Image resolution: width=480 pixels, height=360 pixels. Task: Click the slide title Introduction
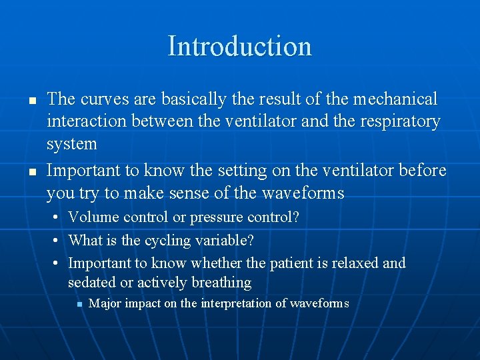point(239,46)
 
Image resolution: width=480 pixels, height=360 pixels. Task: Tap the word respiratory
point(402,122)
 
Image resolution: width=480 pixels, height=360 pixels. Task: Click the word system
point(71,144)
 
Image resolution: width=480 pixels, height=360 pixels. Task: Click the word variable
point(224,239)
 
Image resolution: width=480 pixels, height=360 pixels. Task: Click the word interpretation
point(237,304)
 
